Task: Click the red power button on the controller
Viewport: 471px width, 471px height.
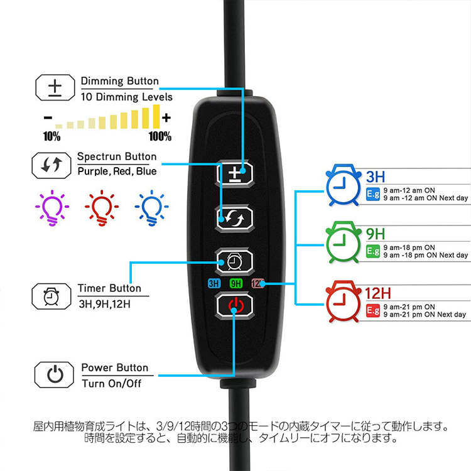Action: coord(235,306)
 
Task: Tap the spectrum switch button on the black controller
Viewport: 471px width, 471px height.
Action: coord(235,218)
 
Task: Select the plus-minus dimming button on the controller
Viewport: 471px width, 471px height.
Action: coord(235,173)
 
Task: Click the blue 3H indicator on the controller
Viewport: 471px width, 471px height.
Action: coord(214,283)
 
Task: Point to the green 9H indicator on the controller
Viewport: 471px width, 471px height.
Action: coord(235,283)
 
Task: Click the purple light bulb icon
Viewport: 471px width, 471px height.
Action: coord(52,208)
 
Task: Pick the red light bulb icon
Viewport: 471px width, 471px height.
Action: coord(102,208)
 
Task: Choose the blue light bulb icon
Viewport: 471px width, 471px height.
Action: coord(151,208)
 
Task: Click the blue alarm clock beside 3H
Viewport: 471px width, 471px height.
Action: coord(344,185)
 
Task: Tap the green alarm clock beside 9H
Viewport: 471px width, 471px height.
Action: coord(344,242)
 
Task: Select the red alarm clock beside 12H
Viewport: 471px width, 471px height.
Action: coord(344,301)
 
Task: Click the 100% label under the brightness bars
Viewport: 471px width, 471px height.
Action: coord(160,136)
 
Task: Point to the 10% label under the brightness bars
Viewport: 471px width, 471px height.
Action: coord(51,136)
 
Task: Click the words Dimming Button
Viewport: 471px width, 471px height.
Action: coord(120,81)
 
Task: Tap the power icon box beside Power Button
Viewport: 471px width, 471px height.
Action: coord(54,375)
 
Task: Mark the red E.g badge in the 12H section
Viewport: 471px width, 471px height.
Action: coord(373,310)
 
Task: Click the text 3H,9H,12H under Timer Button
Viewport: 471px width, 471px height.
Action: coord(104,305)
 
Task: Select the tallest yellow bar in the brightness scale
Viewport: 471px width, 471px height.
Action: coord(156,117)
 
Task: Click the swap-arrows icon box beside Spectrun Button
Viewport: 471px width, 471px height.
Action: coord(51,166)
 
